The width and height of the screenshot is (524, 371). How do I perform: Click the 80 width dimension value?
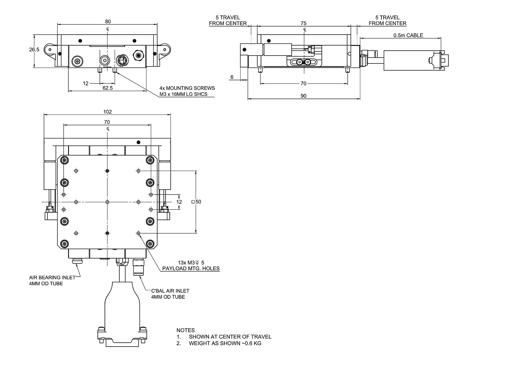[108, 21]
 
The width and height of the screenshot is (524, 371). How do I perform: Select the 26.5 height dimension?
[34, 50]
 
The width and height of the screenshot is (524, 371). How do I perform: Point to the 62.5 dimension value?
[107, 88]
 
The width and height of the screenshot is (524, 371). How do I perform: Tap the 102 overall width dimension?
[107, 112]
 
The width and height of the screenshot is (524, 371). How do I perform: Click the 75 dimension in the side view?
[303, 23]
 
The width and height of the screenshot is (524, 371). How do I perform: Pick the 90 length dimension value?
[303, 96]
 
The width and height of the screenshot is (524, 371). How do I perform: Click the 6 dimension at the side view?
[232, 77]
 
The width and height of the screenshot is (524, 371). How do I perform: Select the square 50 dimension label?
[196, 202]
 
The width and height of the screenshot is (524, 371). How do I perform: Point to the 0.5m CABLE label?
[408, 35]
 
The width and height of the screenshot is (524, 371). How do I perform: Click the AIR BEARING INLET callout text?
[52, 277]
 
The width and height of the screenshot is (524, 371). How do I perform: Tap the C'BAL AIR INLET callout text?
[170, 291]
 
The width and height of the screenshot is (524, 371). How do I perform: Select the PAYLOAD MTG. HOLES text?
[191, 268]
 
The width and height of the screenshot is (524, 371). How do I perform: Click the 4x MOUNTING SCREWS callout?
[187, 88]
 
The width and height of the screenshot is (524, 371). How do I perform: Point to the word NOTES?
[185, 330]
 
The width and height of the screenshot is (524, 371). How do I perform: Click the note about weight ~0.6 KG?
[225, 343]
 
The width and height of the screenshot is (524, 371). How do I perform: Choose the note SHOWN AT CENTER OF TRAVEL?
[230, 337]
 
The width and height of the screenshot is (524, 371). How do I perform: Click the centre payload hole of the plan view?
[107, 202]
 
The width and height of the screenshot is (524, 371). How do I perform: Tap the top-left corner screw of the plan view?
[64, 160]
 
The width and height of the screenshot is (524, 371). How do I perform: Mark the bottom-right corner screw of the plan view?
[150, 244]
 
